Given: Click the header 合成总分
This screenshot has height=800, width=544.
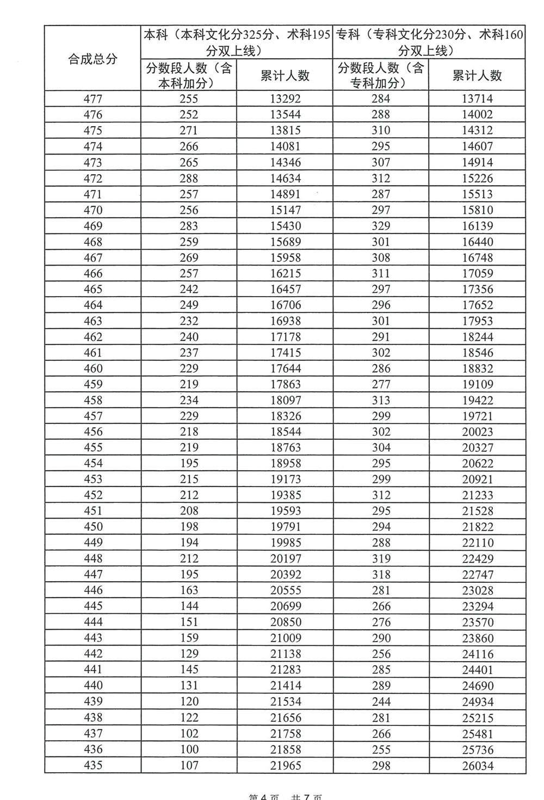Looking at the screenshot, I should coord(92,59).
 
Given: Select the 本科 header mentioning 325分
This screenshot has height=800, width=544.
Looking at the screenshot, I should coord(236,43).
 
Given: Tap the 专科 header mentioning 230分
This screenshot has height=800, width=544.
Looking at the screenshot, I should coord(429,43).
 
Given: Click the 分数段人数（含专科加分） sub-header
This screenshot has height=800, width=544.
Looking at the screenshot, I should coord(380,75).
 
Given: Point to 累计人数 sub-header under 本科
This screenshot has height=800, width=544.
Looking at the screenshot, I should coord(285,76).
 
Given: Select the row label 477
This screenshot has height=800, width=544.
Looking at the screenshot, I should coord(93,99).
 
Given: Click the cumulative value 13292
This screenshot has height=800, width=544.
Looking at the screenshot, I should coord(285,99).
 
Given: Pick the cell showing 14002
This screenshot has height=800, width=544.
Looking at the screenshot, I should coord(477,114).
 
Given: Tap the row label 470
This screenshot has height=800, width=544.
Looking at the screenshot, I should coord(93,210).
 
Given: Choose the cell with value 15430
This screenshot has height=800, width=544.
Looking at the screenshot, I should coord(285,226).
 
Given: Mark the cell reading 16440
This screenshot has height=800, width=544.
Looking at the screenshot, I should coord(477,242).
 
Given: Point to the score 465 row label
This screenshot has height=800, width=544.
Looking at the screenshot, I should coord(93,289).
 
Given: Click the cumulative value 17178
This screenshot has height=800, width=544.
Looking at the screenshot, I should coord(285,337).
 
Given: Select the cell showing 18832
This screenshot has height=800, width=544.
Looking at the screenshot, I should coord(477,368).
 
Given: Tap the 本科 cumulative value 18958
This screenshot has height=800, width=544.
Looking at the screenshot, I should coord(285,464).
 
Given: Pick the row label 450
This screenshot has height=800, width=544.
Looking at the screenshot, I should coord(93,527).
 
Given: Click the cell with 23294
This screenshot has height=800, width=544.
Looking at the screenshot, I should coord(477,606).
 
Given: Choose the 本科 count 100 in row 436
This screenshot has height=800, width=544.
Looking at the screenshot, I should coord(189,749).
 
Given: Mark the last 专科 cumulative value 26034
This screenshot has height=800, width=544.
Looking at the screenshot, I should coord(477,766).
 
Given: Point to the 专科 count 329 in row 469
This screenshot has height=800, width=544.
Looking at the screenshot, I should coord(381,226).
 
